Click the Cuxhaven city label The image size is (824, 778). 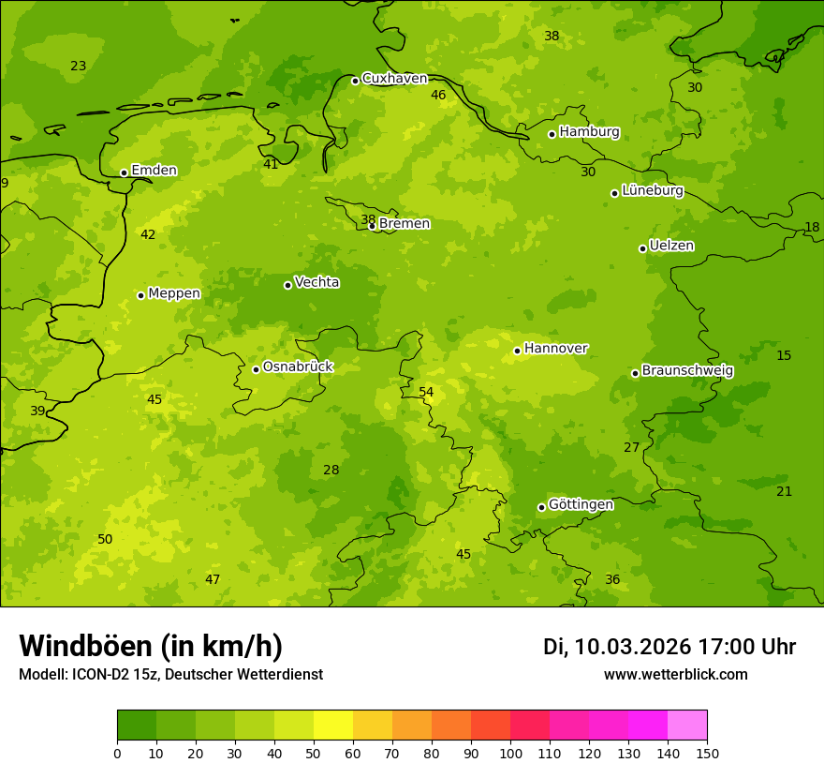394,79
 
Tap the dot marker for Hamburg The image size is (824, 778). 552,134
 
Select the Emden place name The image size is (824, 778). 154,171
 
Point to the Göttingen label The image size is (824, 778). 581,505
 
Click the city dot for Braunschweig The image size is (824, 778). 635,373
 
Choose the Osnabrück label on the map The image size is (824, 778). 298,367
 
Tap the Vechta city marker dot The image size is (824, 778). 287,285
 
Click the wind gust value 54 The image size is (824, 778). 426,392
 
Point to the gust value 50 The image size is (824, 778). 105,539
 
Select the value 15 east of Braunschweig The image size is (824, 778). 784,355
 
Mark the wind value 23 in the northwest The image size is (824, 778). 78,66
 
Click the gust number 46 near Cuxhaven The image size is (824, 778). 438,95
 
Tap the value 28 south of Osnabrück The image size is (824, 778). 331,470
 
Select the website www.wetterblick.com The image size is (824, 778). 675,675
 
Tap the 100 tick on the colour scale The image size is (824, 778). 510,753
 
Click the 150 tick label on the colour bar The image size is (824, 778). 707,753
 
